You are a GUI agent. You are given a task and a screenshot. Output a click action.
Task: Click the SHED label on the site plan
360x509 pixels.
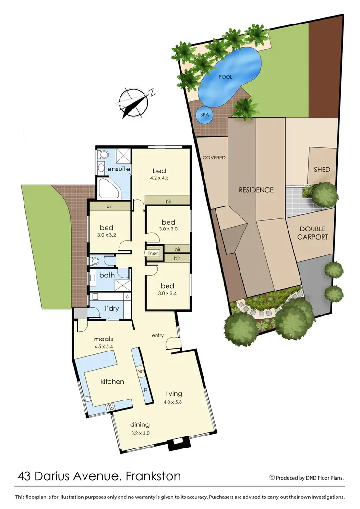322,170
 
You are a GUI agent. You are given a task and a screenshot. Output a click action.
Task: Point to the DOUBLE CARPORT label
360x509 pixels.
312,233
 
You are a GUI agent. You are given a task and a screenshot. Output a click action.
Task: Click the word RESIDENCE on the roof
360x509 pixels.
256,190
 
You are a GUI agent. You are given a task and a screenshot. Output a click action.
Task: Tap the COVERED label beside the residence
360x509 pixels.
214,158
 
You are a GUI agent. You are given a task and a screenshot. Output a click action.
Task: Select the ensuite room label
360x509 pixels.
118,170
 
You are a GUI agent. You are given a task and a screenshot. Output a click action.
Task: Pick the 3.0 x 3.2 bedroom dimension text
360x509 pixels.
108,235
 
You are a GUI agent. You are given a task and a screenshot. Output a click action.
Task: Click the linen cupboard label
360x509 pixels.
153,253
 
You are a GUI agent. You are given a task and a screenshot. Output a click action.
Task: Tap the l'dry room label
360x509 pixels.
112,308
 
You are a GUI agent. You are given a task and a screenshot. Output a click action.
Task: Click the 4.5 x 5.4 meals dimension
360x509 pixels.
103,346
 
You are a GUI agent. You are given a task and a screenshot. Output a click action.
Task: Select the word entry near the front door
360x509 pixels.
158,335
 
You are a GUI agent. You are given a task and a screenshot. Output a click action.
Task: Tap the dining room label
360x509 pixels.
140,424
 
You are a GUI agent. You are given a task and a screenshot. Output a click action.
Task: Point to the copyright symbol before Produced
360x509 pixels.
272,477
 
